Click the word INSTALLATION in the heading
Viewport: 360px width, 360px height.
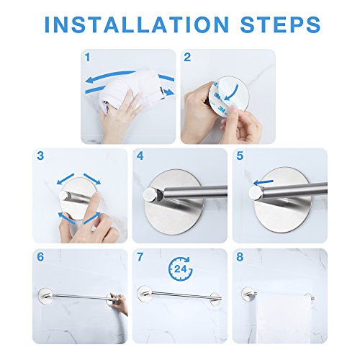pyautogui.click(x=137, y=24)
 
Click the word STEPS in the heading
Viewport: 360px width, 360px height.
pyautogui.click(x=280, y=24)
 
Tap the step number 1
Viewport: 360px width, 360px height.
pyautogui.click(x=88, y=58)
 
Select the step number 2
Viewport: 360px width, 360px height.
pyautogui.click(x=187, y=58)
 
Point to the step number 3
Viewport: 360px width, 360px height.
pyautogui.click(x=40, y=156)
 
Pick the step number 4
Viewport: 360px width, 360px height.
pyautogui.click(x=140, y=156)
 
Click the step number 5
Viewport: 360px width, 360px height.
pyautogui.click(x=240, y=156)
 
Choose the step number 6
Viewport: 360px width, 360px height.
pyautogui.click(x=40, y=257)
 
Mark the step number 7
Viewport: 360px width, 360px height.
pyautogui.click(x=140, y=257)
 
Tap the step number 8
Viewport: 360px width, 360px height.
pyautogui.click(x=240, y=257)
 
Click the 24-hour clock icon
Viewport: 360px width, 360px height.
pyautogui.click(x=181, y=269)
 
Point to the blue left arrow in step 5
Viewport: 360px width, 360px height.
pyautogui.click(x=264, y=183)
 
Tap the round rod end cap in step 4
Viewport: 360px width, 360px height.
pyautogui.click(x=150, y=194)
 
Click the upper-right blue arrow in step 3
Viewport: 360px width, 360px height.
pyautogui.click(x=92, y=179)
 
